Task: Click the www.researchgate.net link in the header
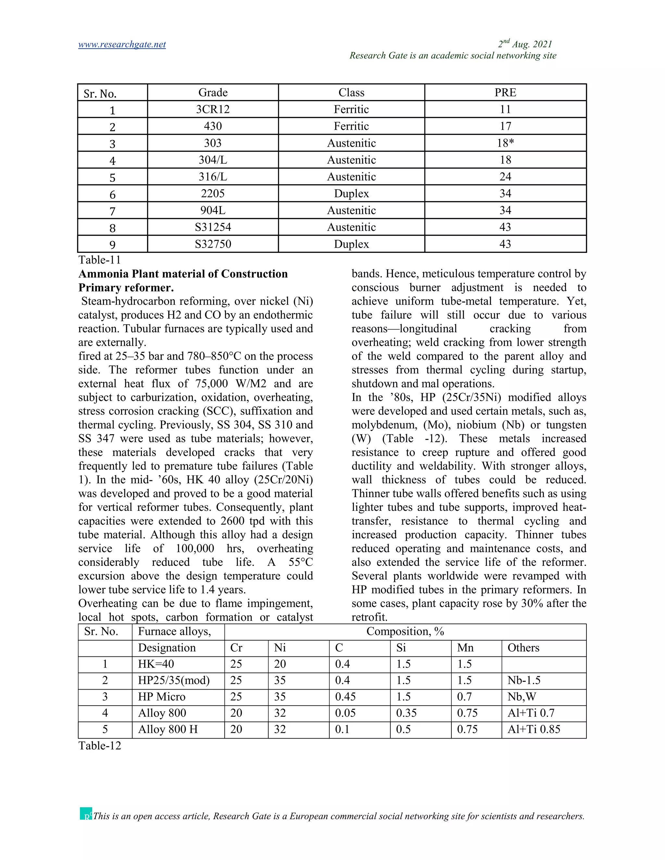pos(122,44)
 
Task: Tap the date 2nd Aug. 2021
pos(525,44)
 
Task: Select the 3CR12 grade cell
pos(213,109)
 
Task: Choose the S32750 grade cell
pos(213,244)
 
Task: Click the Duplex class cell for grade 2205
pos(351,194)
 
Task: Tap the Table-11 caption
pos(99,260)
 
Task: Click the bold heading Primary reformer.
pos(126,288)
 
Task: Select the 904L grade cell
pos(213,210)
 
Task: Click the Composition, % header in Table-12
pos(405,632)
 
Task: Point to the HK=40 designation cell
pos(156,664)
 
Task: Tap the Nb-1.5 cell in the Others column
pos(523,681)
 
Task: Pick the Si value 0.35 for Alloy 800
pos(406,713)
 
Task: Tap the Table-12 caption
pos(100,746)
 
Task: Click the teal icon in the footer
pos(85,814)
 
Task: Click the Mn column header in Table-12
pos(465,648)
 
